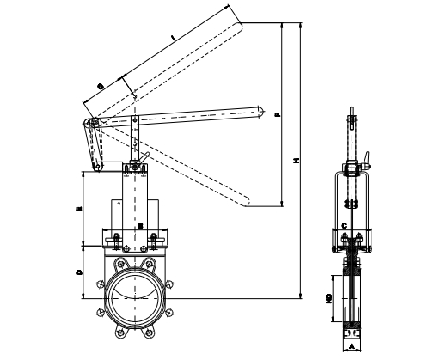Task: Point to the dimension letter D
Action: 80,272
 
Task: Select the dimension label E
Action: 80,207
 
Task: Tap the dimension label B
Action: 139,224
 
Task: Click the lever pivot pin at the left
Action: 92,123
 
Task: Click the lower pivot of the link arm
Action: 99,166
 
